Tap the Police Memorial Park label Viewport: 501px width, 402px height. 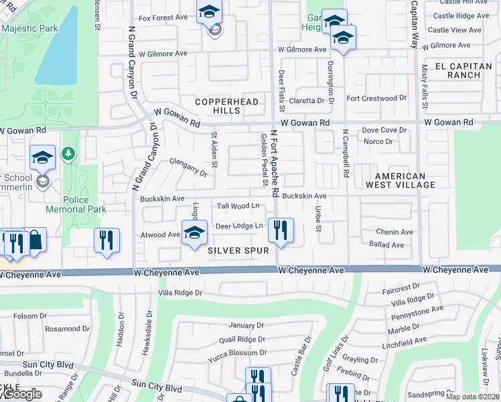(76, 204)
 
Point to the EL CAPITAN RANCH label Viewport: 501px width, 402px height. (467, 70)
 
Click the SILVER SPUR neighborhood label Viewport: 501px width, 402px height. (238, 251)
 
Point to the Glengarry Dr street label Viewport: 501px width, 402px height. (188, 167)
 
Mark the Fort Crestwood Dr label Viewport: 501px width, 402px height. (376, 98)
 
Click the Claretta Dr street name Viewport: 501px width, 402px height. (311, 100)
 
